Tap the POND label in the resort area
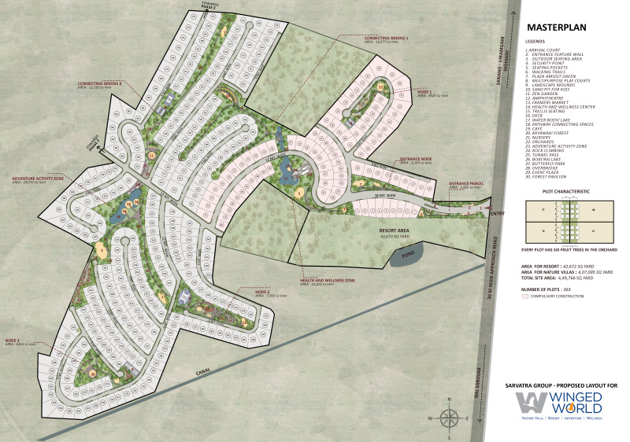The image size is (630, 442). pos(407,254)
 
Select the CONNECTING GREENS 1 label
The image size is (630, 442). pos(391,38)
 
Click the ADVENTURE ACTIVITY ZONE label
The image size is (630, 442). pos(37,179)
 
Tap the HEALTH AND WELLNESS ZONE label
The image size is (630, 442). pos(326,280)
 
